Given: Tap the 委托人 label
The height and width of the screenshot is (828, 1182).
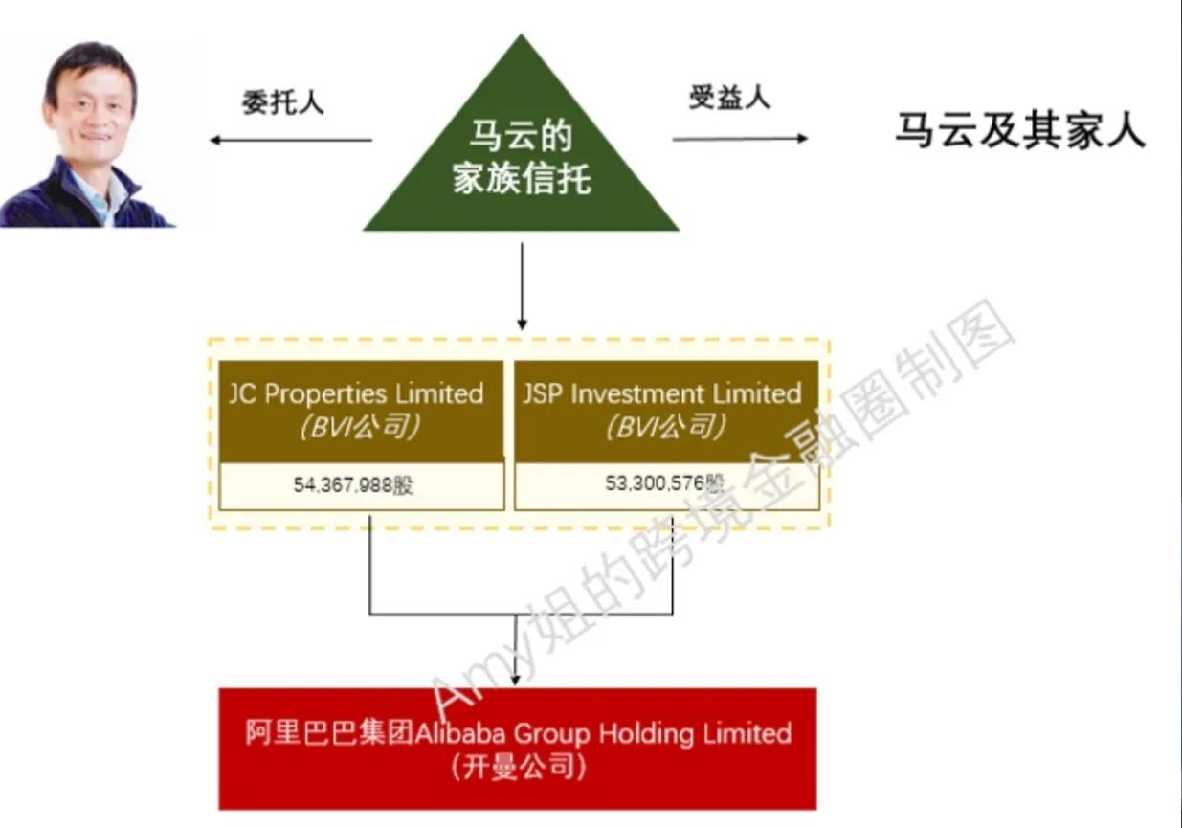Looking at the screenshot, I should point(282,102).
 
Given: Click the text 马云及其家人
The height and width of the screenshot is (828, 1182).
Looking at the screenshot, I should point(1020,130).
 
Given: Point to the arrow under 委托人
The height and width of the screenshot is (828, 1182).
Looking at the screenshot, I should point(291,141).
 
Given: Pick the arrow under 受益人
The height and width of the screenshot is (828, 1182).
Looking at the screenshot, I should point(740,139).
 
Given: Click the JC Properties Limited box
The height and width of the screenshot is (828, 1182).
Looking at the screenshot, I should point(361,411).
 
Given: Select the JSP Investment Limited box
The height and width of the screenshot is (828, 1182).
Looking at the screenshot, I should point(666,411).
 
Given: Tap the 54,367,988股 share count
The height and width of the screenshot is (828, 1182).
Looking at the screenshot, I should point(354,485).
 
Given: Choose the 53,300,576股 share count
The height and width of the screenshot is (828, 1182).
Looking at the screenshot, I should point(661,484).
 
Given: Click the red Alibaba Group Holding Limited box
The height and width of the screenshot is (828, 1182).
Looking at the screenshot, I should point(518,748).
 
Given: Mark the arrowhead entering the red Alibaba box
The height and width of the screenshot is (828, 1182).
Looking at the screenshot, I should point(518,679).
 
